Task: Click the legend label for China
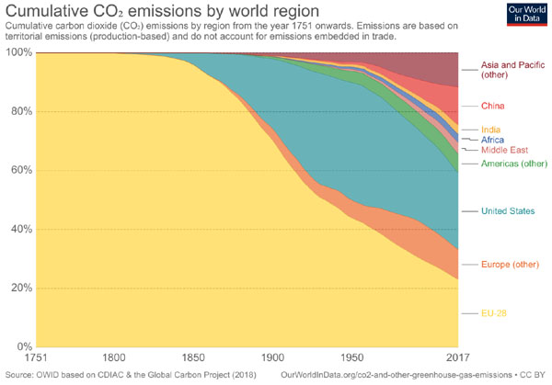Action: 493,107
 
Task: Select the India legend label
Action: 491,130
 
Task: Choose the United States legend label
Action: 508,211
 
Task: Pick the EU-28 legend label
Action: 495,313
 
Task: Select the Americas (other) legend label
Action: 512,164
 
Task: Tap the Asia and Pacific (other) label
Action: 513,72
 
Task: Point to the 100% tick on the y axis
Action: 18,53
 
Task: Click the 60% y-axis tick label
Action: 21,171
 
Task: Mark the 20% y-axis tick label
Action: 21,288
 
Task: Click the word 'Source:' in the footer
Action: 21,375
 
